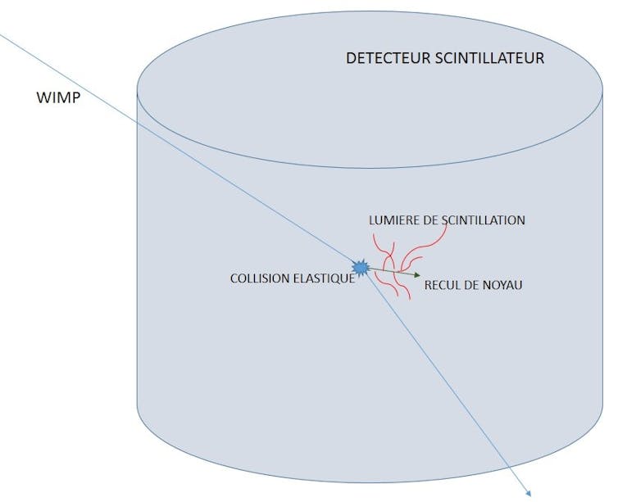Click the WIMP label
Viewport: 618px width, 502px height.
point(58,97)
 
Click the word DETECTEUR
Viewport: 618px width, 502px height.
point(388,58)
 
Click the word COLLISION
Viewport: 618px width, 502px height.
point(260,278)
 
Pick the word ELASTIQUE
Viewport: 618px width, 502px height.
point(323,278)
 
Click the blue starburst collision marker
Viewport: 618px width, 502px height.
point(361,268)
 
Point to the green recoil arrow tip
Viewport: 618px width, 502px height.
point(420,275)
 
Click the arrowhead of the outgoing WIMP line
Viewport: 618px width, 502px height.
point(529,492)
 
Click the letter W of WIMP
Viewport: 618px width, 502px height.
point(43,97)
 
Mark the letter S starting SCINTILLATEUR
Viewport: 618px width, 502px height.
point(439,58)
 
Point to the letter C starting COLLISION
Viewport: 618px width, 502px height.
point(234,278)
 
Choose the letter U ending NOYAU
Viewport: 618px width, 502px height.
point(518,285)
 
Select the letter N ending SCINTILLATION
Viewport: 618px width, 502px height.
point(520,220)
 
